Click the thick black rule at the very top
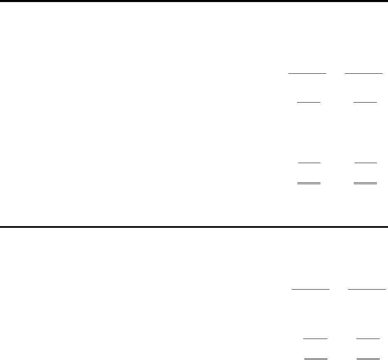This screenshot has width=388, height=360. tap(194, 1)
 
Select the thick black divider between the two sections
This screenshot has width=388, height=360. tap(194, 227)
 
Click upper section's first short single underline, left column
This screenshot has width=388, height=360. tap(309, 102)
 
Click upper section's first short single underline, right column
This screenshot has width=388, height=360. tap(365, 102)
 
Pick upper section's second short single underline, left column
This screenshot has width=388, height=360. tap(309, 163)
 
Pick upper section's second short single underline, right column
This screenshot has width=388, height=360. tap(365, 163)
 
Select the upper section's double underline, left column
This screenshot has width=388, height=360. tap(309, 183)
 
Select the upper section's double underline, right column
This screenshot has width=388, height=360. tap(365, 183)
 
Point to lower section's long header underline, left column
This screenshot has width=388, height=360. tap(311, 289)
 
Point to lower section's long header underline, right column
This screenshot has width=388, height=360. tap(367, 289)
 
